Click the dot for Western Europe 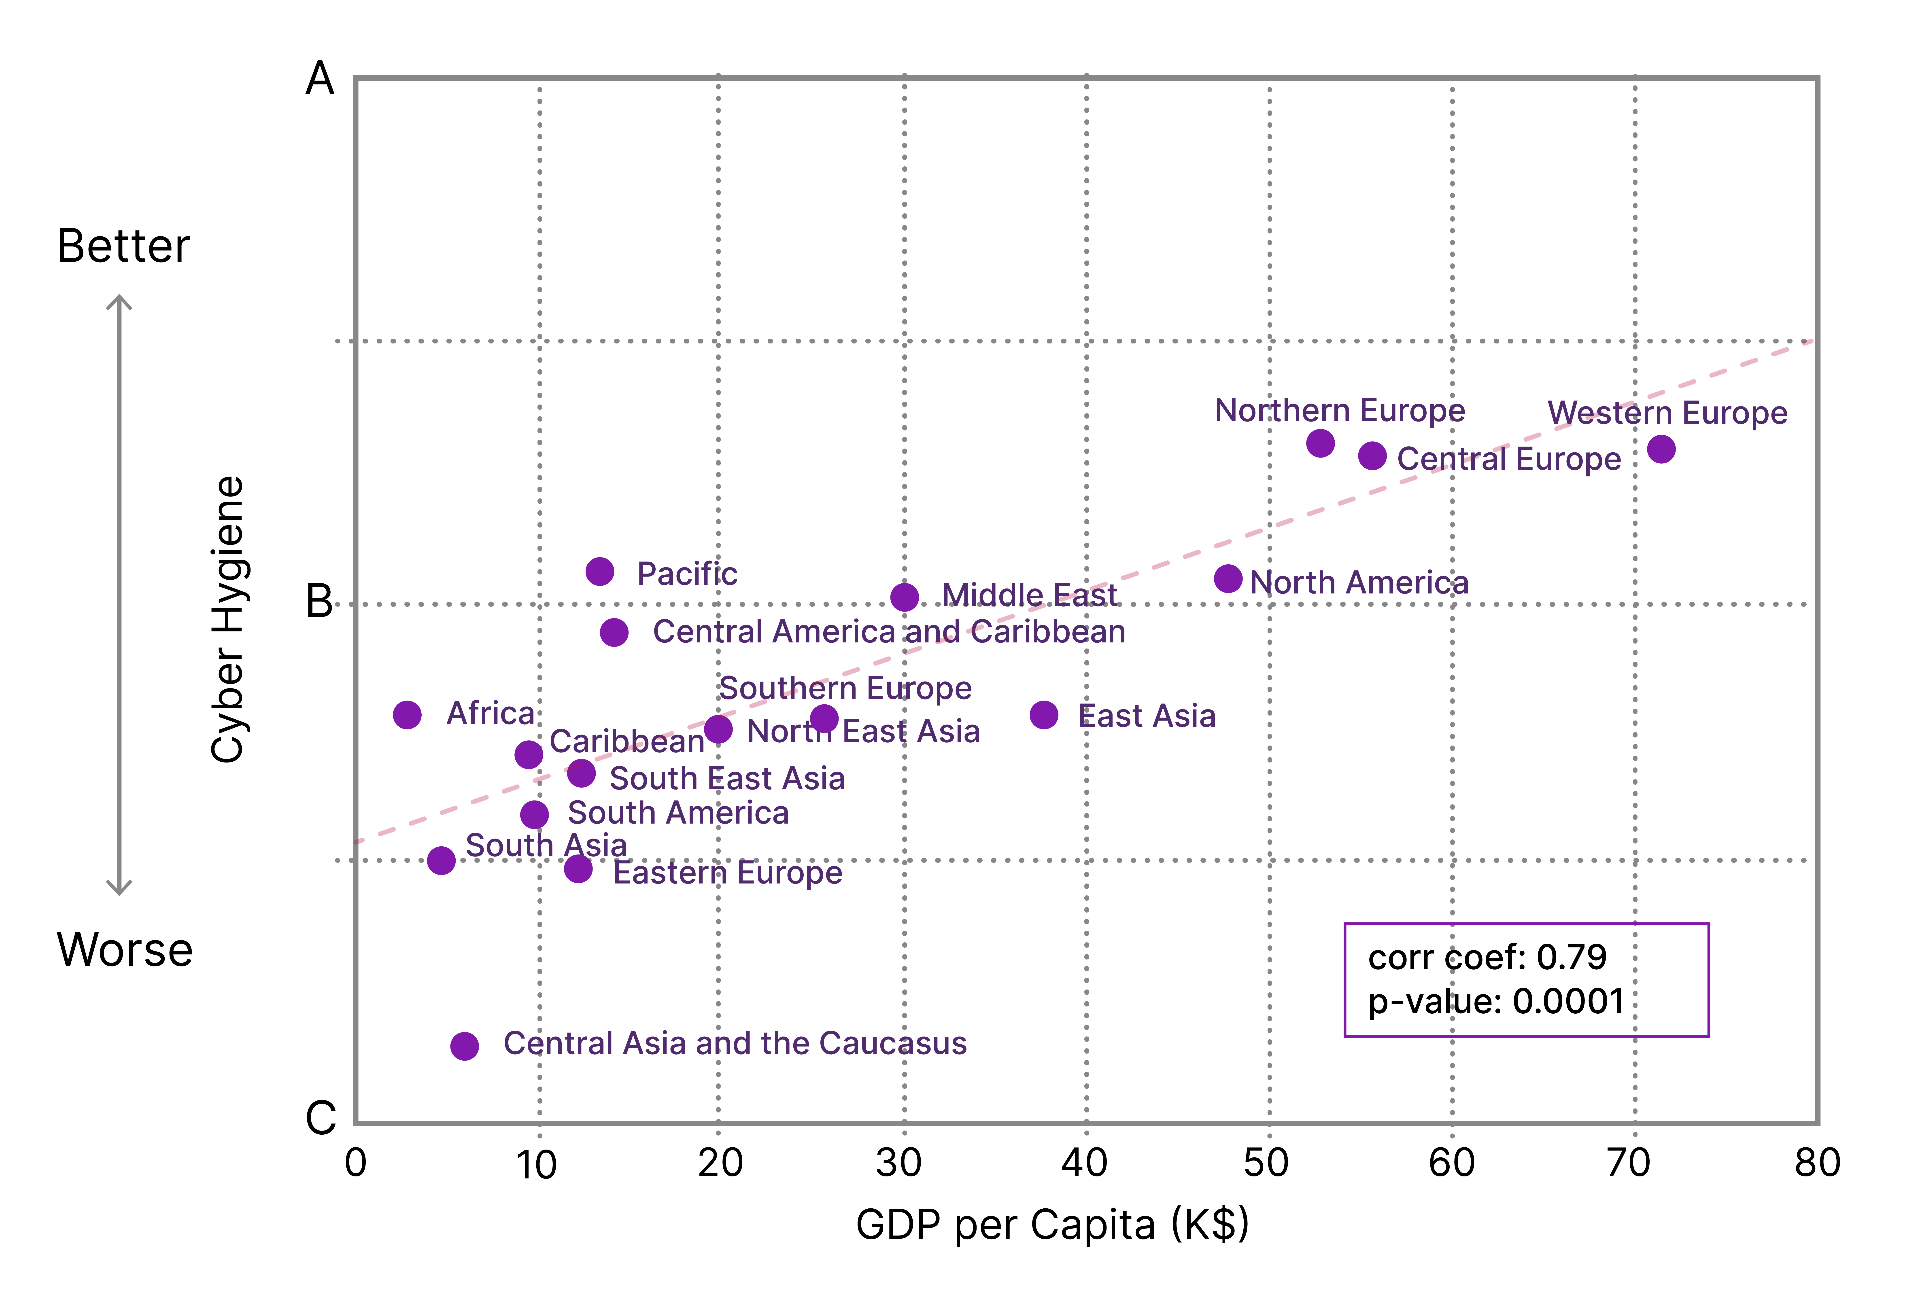pos(1661,449)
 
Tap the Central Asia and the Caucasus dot pos(464,1046)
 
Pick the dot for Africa pos(406,714)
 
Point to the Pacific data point pos(600,571)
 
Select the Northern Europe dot pos(1320,443)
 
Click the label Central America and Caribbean pos(889,632)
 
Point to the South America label pos(678,814)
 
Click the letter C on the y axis pos(321,1118)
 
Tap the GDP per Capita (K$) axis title pos(1053,1225)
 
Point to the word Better pos(124,246)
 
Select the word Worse pos(125,950)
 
